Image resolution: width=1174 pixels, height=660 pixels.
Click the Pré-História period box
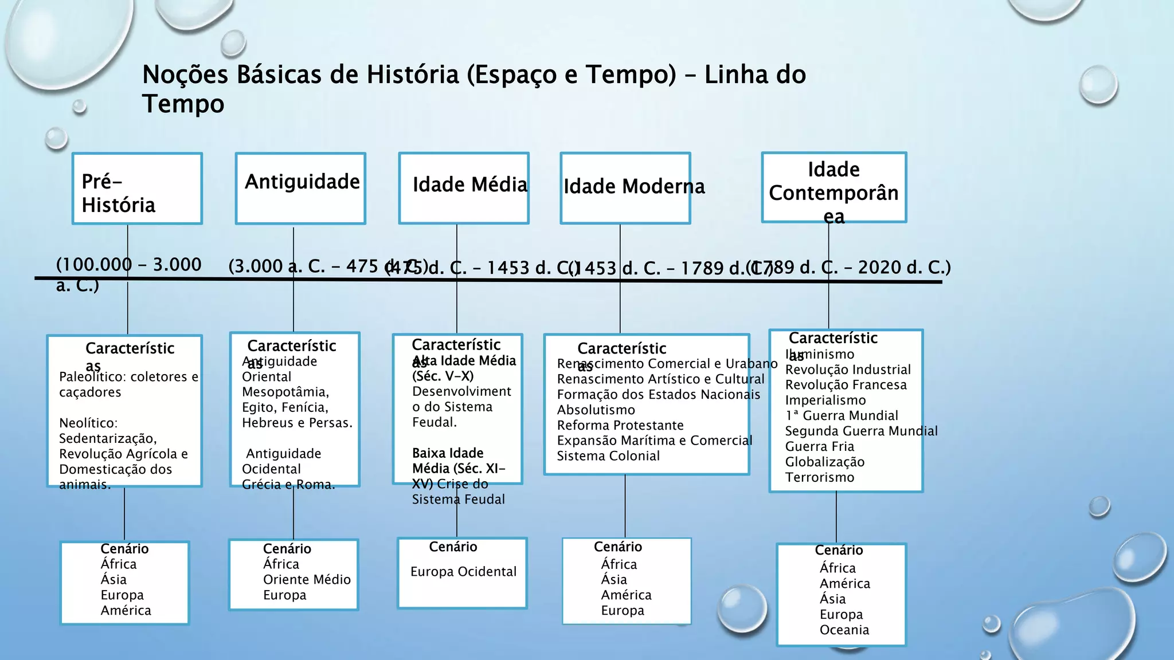(x=137, y=188)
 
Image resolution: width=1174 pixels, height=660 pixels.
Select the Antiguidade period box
(x=300, y=188)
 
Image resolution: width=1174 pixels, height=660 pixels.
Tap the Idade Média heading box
(x=464, y=188)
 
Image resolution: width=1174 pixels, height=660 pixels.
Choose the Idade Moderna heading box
(x=625, y=188)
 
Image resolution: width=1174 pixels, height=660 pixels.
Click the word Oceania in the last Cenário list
(x=844, y=630)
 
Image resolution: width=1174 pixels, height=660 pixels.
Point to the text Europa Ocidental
(x=463, y=572)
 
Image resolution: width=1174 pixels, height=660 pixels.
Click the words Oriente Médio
(x=307, y=580)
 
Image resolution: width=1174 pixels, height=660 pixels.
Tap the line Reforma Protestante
(x=620, y=426)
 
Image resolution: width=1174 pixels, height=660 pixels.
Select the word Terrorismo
(x=820, y=478)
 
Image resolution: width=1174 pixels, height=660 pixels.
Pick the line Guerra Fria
(x=820, y=447)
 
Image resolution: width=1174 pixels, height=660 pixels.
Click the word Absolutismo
(x=596, y=410)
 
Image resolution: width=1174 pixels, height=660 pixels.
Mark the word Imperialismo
(x=825, y=400)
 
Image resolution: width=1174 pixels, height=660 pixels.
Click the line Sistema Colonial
(x=608, y=456)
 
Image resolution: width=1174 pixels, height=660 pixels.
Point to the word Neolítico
(x=88, y=423)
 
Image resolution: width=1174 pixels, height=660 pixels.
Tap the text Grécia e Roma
(x=288, y=485)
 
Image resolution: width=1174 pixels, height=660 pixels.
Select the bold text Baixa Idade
(x=448, y=453)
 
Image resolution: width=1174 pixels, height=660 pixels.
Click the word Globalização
(x=825, y=462)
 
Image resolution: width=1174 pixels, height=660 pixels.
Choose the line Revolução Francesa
(x=846, y=385)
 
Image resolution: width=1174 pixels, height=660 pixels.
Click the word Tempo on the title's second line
(x=183, y=104)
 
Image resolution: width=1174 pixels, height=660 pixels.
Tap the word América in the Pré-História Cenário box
(x=126, y=611)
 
